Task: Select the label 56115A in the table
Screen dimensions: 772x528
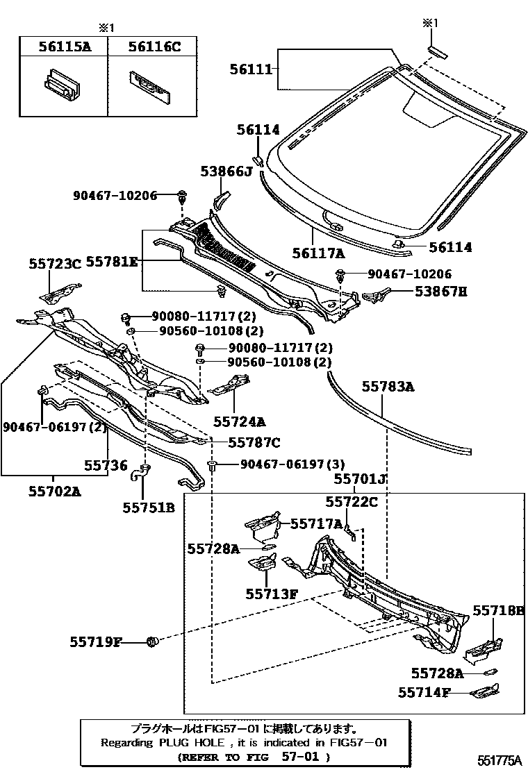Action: [x=63, y=47]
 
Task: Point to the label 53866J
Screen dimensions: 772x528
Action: [x=226, y=171]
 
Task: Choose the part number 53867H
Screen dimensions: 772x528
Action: [x=441, y=292]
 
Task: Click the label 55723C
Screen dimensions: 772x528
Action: [x=55, y=263]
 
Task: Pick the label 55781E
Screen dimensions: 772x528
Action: [x=112, y=262]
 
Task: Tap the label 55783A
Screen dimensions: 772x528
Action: [x=388, y=387]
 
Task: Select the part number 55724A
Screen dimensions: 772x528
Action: [x=239, y=421]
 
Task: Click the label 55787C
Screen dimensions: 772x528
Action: [x=254, y=442]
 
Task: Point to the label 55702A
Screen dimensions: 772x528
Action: [x=55, y=492]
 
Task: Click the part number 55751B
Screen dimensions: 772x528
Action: [x=149, y=507]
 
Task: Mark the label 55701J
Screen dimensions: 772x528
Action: [x=360, y=478]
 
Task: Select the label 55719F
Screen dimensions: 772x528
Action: [x=95, y=642]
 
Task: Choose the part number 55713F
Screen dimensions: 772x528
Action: [x=271, y=594]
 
